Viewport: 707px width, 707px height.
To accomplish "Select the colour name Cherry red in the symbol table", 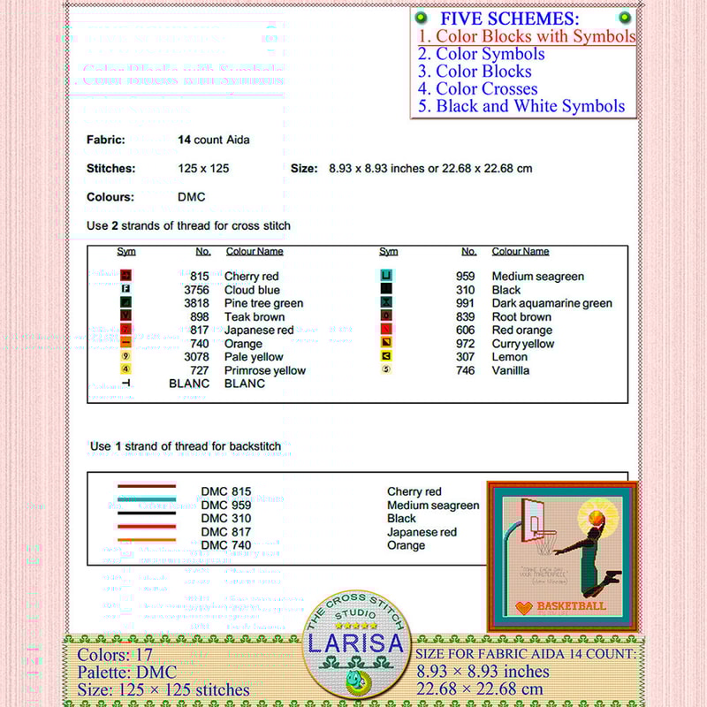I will [x=251, y=277].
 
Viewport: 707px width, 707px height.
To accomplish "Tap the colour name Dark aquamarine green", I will [x=551, y=303].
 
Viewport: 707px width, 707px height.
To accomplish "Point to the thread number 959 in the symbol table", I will [x=465, y=277].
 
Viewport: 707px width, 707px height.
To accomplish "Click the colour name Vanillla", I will [x=511, y=370].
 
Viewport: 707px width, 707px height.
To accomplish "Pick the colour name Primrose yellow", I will [x=265, y=370].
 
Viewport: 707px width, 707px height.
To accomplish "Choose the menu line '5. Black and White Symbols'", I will [x=521, y=106].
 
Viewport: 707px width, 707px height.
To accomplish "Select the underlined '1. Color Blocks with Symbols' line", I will [x=527, y=36].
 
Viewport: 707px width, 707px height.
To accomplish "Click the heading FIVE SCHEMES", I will [x=510, y=19].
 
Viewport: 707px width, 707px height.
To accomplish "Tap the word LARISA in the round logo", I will [x=356, y=643].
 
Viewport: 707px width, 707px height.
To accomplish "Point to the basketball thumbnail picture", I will [x=563, y=556].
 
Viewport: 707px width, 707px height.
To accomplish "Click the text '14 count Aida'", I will [x=214, y=140].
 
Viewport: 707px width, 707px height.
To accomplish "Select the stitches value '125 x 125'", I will [x=203, y=168].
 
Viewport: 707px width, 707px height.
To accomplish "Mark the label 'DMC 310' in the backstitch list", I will [x=226, y=519].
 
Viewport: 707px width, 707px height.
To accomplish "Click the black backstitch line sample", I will [x=147, y=513].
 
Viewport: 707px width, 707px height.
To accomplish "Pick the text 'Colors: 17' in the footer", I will [x=115, y=655].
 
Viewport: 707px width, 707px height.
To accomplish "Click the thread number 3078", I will [x=196, y=357].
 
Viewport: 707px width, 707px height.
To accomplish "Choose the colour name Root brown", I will [x=521, y=316].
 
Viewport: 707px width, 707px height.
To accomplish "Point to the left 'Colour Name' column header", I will [x=255, y=252].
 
